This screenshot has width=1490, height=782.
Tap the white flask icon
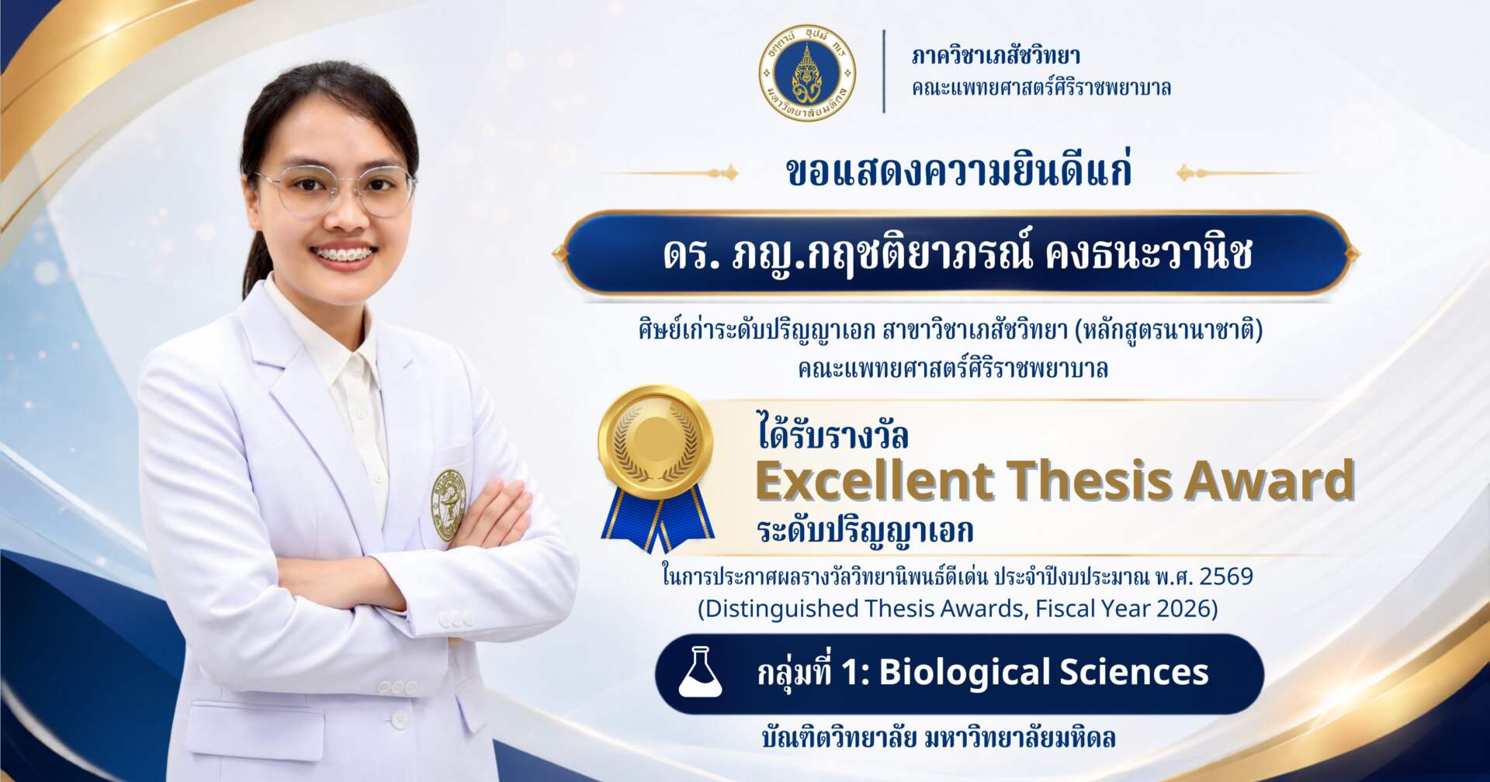(700, 673)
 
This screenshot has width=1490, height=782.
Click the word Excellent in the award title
(874, 480)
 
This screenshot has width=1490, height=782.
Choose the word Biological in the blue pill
(963, 673)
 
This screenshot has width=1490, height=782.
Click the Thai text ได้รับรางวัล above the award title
(833, 435)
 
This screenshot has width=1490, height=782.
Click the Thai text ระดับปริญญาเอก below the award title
(865, 532)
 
